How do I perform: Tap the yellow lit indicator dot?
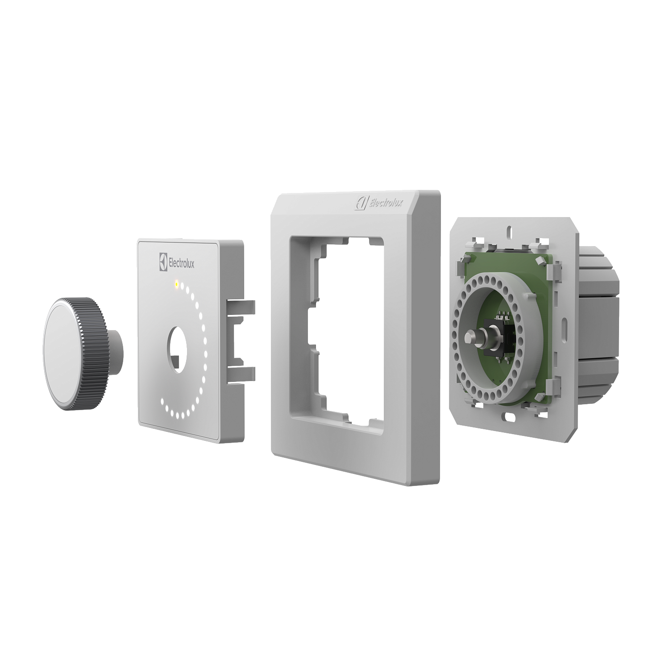pos(177,283)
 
